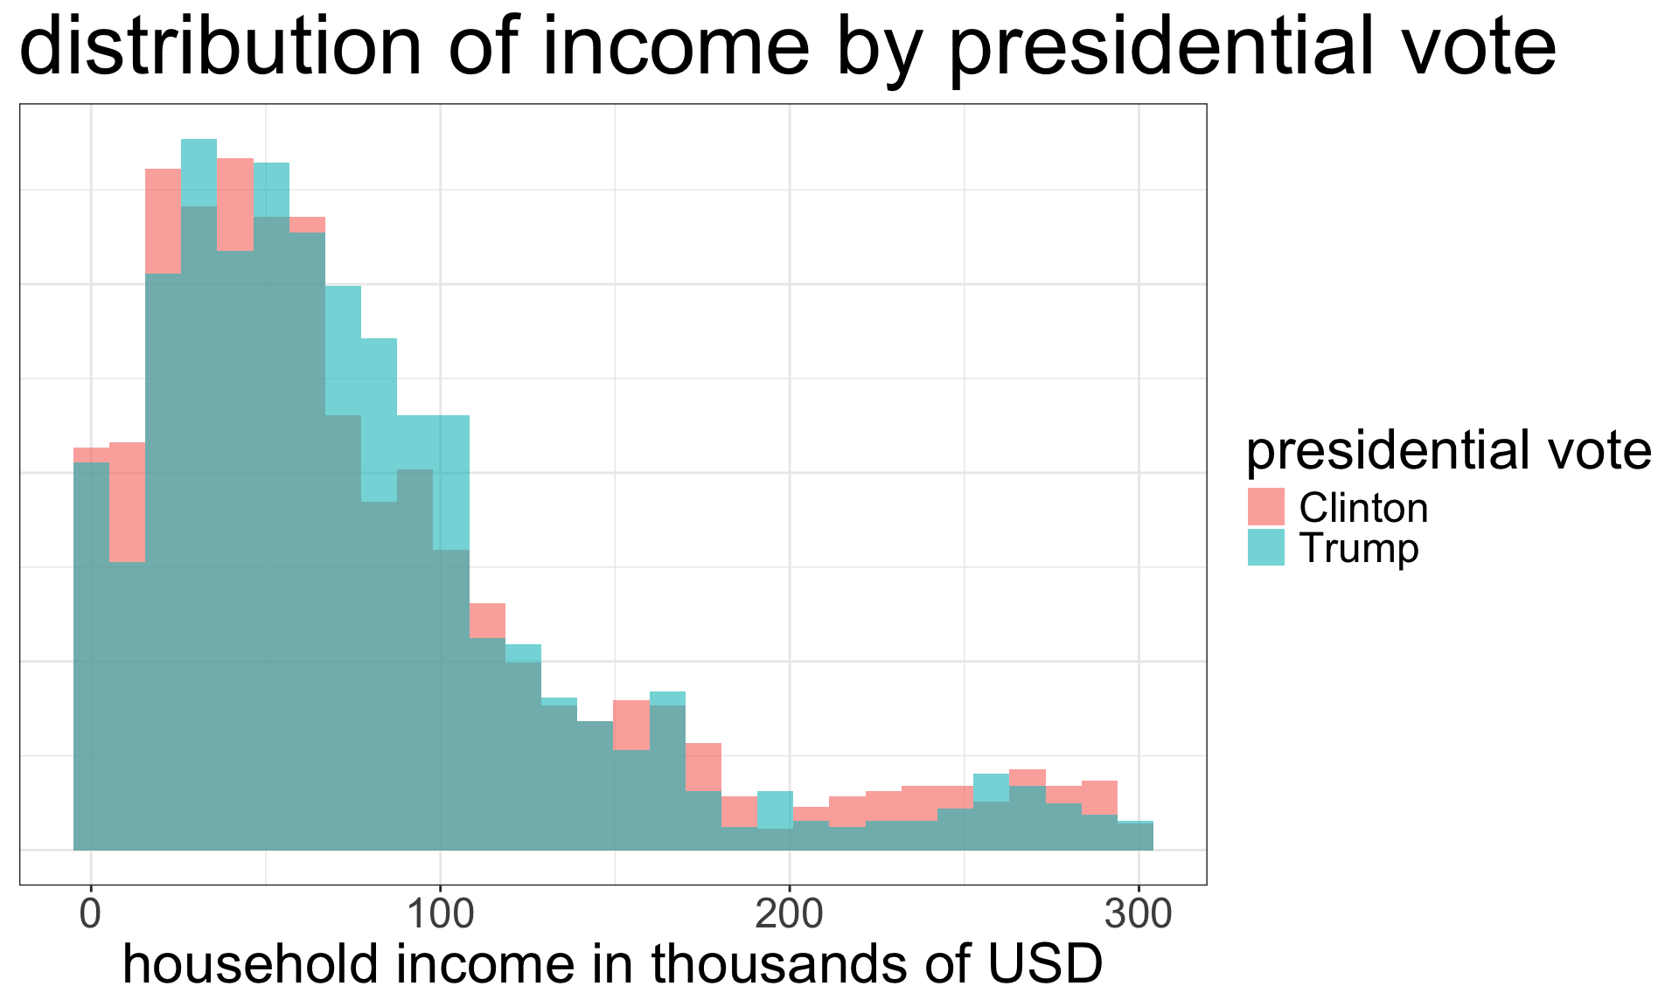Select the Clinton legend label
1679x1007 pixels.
(x=1363, y=508)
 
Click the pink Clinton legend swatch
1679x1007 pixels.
(x=1265, y=507)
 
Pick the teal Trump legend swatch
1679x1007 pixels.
(x=1265, y=548)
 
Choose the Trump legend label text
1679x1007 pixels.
(x=1359, y=549)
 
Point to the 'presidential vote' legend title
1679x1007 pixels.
(x=1448, y=451)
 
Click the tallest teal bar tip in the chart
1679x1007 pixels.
(x=199, y=142)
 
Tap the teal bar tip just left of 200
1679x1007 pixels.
(x=775, y=793)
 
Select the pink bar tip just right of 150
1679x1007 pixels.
(x=630, y=703)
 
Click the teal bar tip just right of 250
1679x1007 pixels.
(x=991, y=776)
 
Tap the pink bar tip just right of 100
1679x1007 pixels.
(x=487, y=606)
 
